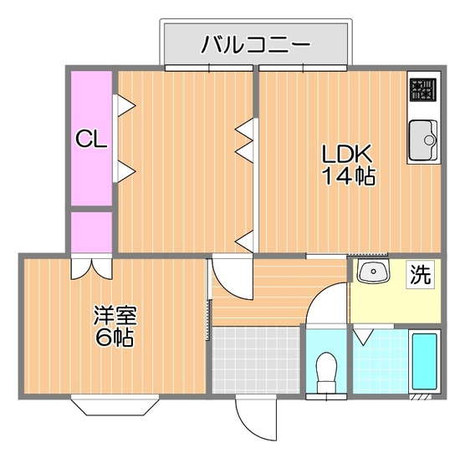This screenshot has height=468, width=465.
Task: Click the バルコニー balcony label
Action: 256,44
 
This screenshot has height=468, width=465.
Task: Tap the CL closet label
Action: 91,139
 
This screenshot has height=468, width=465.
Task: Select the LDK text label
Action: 347,154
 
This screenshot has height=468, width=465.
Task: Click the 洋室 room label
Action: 115,315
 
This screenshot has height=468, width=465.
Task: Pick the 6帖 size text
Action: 115,338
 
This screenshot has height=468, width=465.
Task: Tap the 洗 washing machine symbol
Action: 420,275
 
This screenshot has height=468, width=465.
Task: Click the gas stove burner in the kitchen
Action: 423,89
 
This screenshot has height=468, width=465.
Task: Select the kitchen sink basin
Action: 423,140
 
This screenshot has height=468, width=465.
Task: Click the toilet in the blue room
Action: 326,372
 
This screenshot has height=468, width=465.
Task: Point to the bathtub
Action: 424,361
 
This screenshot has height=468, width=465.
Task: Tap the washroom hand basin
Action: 373,272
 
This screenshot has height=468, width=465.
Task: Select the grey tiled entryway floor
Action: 256,360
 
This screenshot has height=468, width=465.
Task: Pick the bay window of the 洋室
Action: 115,404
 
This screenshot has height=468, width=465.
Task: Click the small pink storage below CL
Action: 91,232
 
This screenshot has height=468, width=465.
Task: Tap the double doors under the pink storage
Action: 91,268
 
